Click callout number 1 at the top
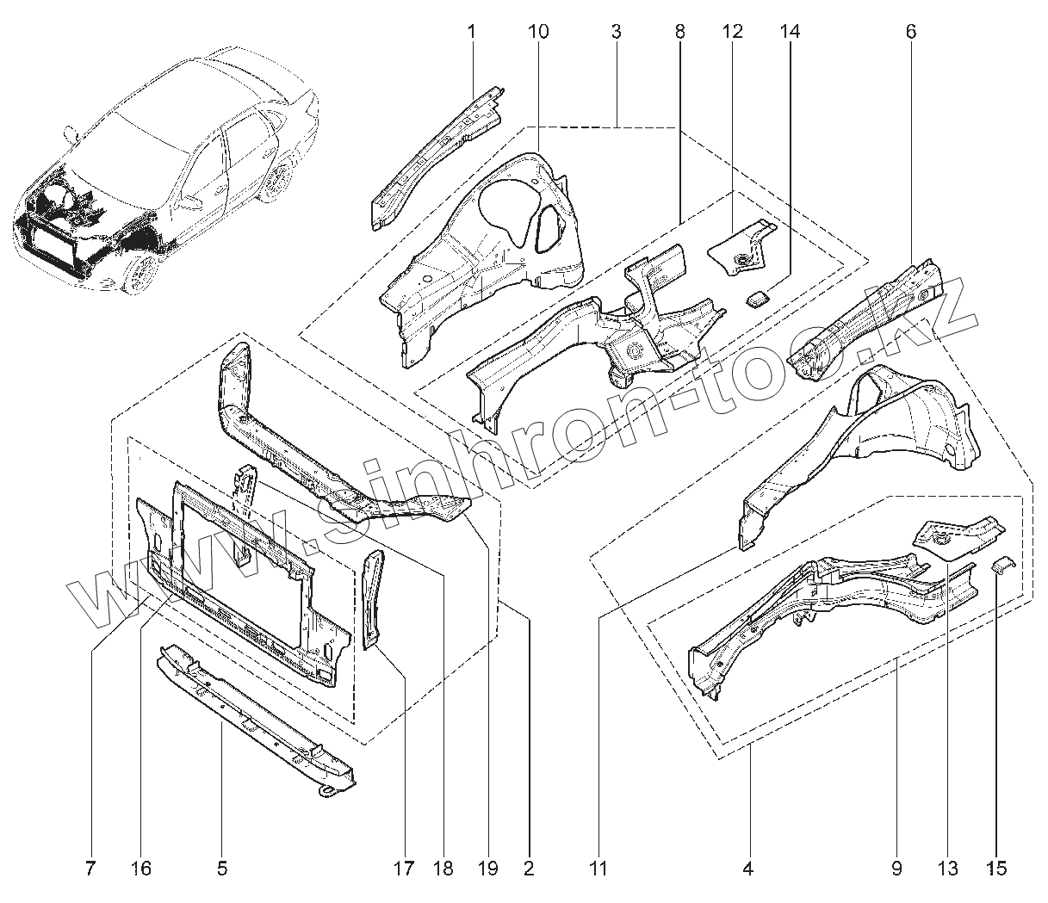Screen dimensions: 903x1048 [x=472, y=33]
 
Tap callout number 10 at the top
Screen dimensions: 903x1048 [x=536, y=33]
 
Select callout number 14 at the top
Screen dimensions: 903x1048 [x=790, y=33]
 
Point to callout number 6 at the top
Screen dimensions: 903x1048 [x=911, y=33]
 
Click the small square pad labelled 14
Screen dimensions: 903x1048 [x=757, y=299]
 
